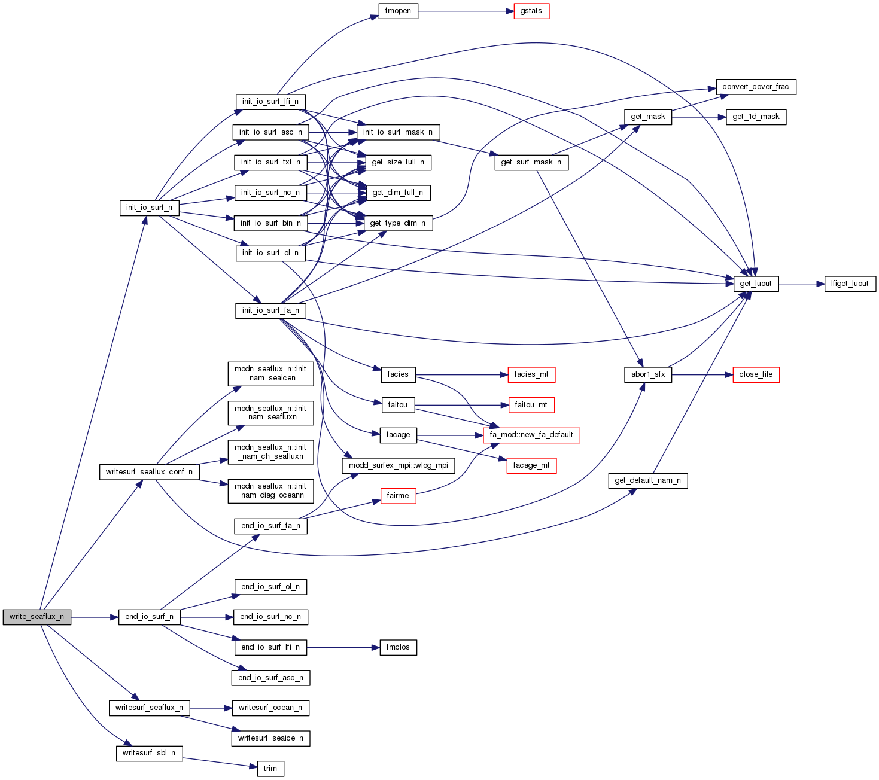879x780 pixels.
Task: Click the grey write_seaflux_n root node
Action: [x=37, y=617]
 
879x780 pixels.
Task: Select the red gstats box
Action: [x=531, y=11]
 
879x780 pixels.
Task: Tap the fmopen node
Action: [x=398, y=11]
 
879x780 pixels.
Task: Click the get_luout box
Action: [x=756, y=284]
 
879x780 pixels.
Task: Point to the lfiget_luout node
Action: [x=850, y=284]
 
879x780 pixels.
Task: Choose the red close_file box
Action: [x=756, y=374]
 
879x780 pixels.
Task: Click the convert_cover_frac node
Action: [x=756, y=87]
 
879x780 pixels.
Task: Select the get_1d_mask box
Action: [x=756, y=117]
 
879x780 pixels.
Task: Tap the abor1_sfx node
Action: [x=648, y=374]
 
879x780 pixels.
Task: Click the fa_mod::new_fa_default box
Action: [x=531, y=435]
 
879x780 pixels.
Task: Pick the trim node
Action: [x=270, y=769]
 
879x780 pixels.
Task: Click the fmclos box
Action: [x=398, y=647]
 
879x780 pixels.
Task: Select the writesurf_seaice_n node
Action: [x=270, y=738]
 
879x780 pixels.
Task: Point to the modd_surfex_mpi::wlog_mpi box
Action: [x=398, y=465]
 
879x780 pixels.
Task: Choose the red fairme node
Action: [x=398, y=496]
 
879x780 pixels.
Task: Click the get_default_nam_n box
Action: [x=648, y=480]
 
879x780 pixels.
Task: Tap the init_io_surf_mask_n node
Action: [x=398, y=132]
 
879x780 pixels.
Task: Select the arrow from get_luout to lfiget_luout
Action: [x=802, y=284]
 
